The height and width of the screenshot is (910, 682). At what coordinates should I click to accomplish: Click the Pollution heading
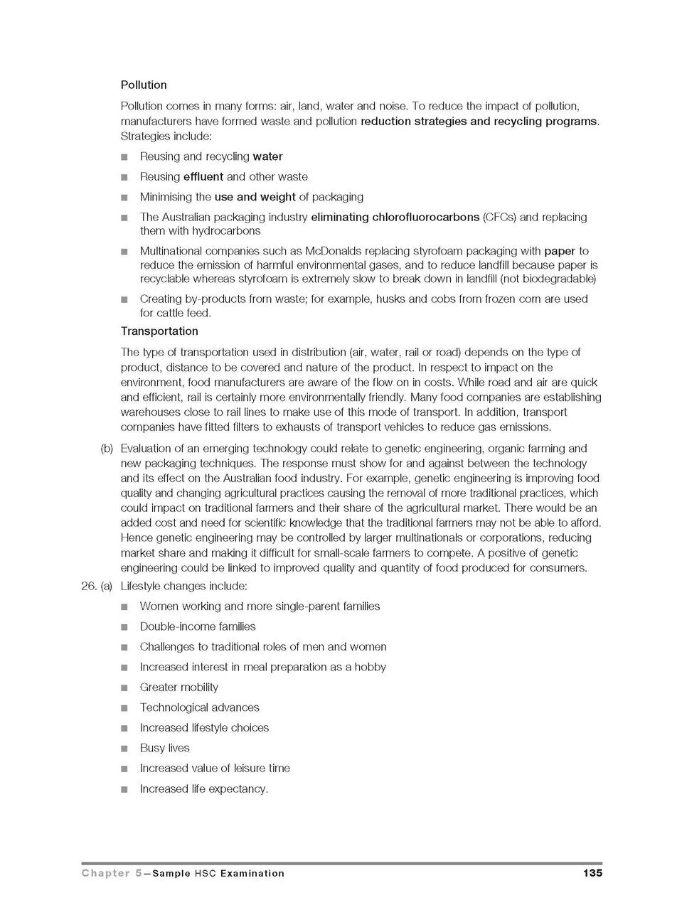coord(144,85)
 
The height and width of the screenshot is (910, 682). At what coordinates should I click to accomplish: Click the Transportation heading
coord(159,331)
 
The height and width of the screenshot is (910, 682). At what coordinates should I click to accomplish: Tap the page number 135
coord(592,873)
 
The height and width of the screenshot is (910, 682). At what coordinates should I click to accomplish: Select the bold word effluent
coord(203,176)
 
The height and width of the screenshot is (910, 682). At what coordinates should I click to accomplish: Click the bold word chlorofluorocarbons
coord(425,217)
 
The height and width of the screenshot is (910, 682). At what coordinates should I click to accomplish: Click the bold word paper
coord(560,251)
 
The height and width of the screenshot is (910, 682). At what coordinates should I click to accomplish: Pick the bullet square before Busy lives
coord(124,749)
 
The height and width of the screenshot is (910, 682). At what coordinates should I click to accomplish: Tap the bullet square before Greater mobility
coord(124,688)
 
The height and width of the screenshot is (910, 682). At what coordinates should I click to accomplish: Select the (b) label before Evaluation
coord(107,449)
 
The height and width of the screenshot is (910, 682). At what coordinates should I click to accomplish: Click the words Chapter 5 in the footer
coord(111,873)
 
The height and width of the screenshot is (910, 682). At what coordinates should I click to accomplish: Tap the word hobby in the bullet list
coord(370,667)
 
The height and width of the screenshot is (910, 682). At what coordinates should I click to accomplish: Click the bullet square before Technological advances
coord(124,708)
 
